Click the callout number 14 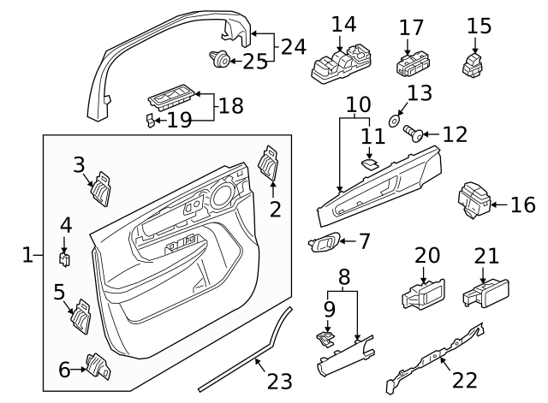(343, 25)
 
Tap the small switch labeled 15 (473, 64)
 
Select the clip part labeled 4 (64, 256)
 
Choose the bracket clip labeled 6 (97, 366)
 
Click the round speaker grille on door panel (219, 196)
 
